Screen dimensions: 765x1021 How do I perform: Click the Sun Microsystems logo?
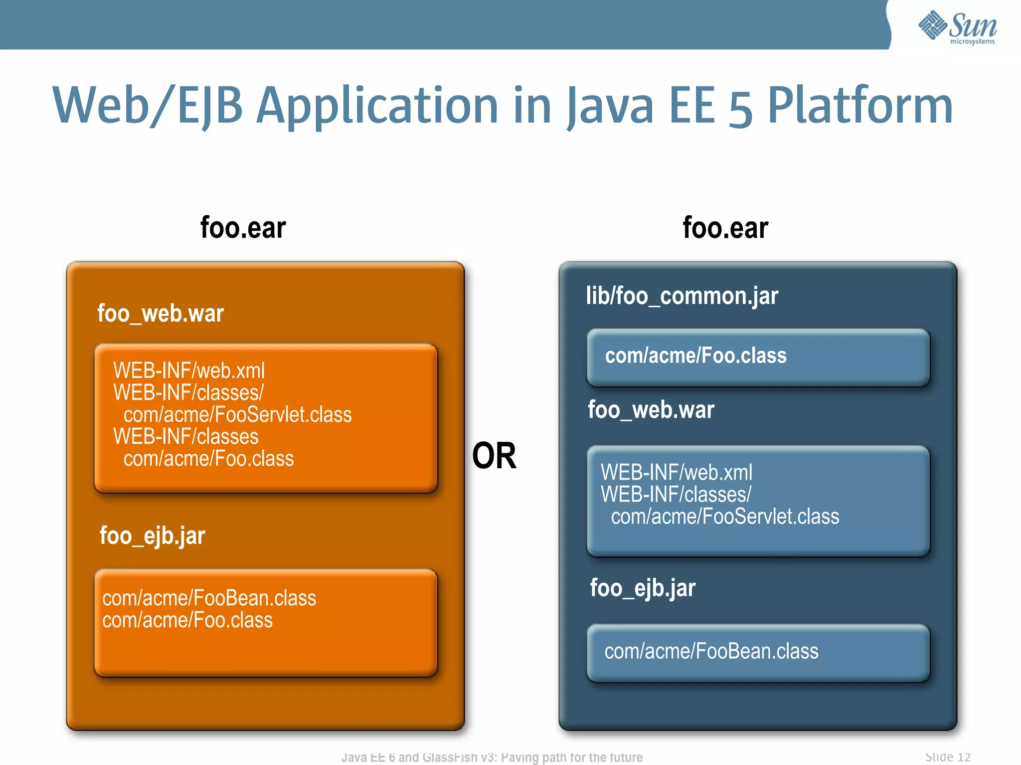957,27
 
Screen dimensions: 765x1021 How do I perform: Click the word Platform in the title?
860,106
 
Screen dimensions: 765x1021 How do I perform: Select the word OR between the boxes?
494,456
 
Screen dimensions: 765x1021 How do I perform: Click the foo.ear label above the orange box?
243,228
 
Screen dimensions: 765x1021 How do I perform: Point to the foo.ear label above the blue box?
725,228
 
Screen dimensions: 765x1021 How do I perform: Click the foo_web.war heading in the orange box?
161,314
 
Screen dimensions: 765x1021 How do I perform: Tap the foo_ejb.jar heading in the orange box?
152,536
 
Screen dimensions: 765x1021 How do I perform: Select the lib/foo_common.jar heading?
682,296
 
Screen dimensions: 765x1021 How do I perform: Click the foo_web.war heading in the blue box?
651,410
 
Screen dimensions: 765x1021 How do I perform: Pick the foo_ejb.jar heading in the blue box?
643,588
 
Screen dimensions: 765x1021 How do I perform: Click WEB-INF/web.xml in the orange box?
189,371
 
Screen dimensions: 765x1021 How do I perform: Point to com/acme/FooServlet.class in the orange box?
237,415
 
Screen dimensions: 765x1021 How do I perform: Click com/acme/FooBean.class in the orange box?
209,598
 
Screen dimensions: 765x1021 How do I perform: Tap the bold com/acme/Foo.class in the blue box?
695,356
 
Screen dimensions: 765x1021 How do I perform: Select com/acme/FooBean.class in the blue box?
711,651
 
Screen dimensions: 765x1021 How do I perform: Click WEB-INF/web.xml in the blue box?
677,472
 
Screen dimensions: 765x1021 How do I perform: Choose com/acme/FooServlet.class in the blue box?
725,516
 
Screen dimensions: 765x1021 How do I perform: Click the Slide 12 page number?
948,757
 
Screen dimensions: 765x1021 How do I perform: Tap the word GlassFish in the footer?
450,758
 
